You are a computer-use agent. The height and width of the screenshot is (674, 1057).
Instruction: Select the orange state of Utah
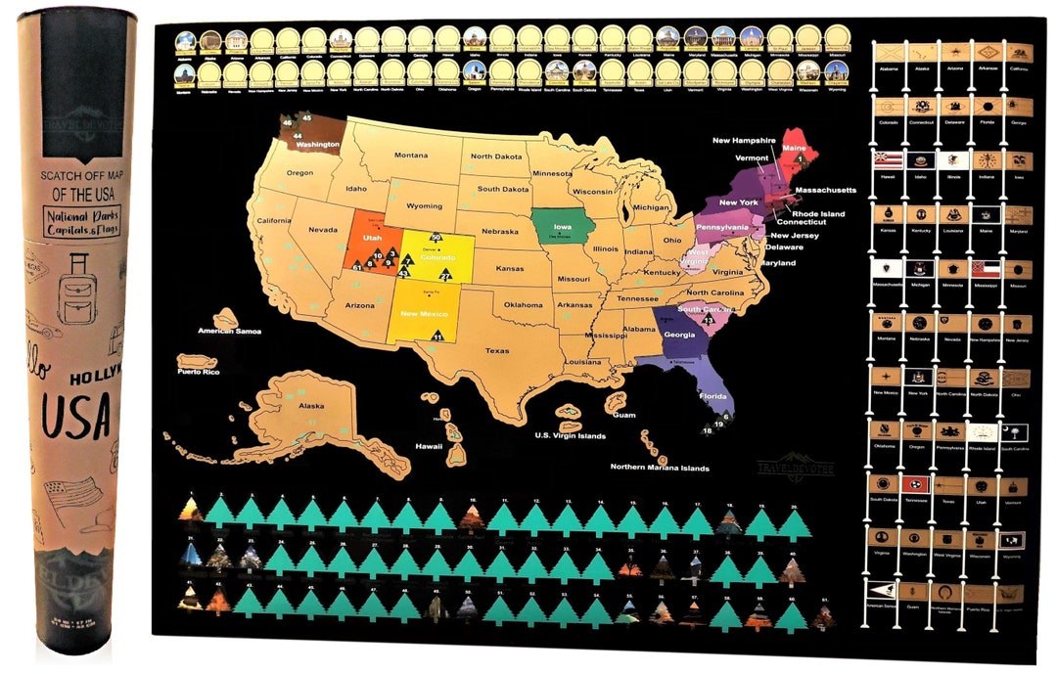[x=372, y=245]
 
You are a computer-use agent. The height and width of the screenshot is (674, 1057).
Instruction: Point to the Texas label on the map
[x=496, y=350]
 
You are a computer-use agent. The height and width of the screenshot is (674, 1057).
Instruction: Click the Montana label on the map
[x=411, y=156]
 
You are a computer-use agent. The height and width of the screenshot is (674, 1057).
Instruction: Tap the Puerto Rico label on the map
[x=197, y=373]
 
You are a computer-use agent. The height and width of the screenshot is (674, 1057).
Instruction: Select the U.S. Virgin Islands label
[x=570, y=435]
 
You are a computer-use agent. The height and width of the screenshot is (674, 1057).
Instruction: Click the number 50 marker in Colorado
[x=437, y=238]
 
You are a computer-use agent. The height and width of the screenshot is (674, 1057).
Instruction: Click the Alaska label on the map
[x=311, y=406]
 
